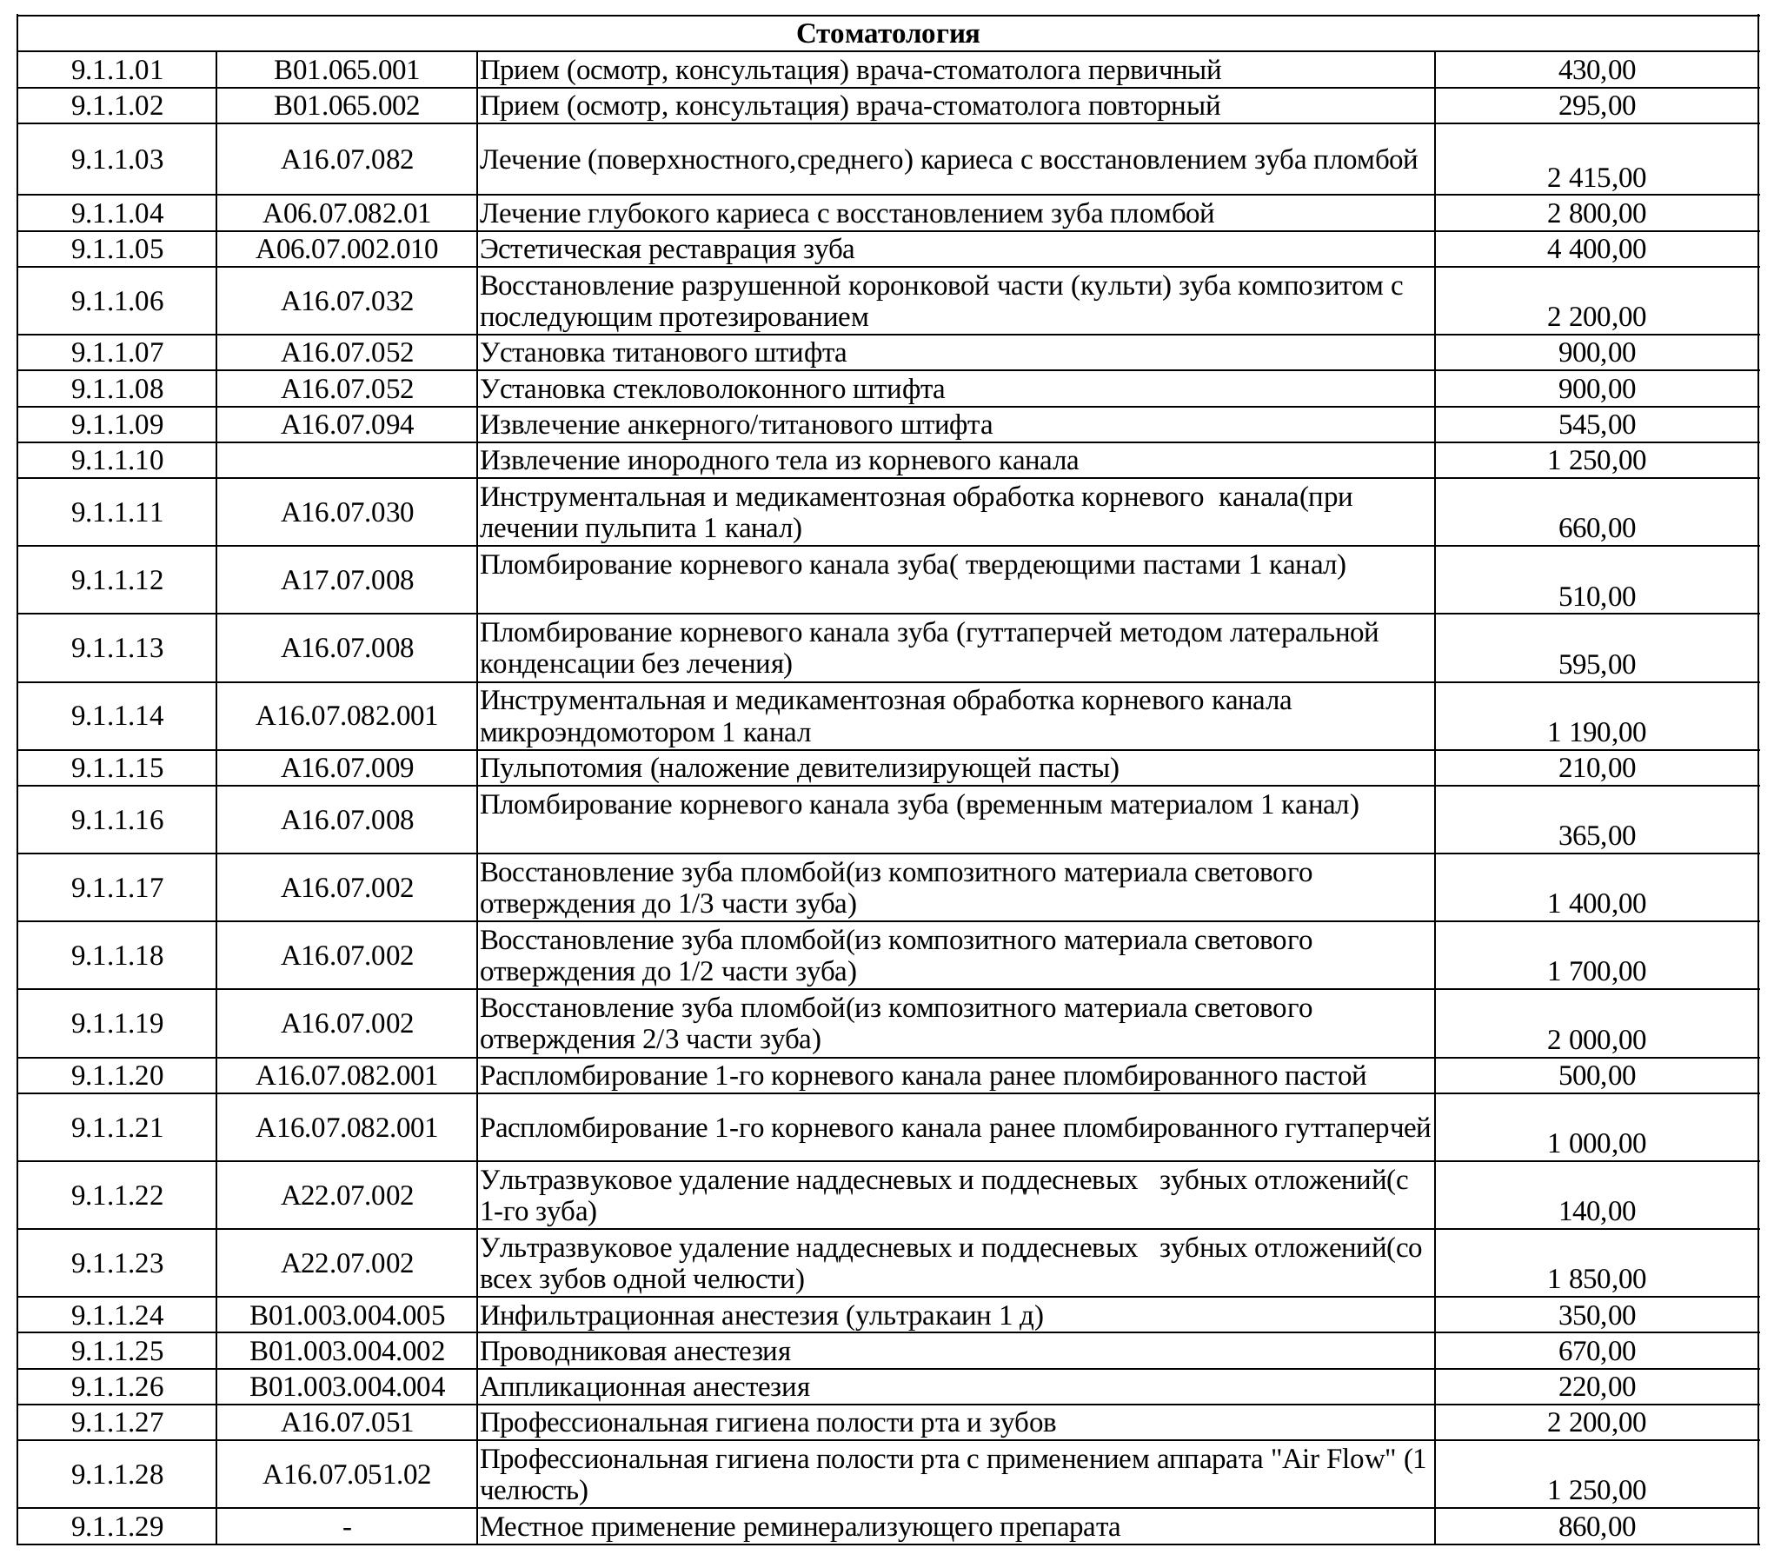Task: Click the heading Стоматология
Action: click(887, 34)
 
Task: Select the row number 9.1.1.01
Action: click(116, 70)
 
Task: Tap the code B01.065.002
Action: click(347, 106)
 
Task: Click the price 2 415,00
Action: click(1596, 177)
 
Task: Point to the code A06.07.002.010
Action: click(347, 249)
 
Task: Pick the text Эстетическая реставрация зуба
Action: click(667, 249)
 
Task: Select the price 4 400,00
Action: click(1596, 249)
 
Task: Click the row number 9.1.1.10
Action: click(116, 460)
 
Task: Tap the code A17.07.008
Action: click(347, 580)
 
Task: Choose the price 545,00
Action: click(1596, 424)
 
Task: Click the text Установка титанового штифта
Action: click(663, 353)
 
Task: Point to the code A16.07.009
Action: click(347, 768)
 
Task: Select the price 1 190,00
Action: click(1596, 732)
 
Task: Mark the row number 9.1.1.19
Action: click(116, 1023)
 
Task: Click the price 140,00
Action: click(1596, 1211)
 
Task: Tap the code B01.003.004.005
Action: click(347, 1315)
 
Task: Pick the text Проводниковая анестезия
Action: click(635, 1352)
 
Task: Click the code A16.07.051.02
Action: click(347, 1474)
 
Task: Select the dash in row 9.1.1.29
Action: click(347, 1527)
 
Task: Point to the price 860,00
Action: click(1596, 1527)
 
